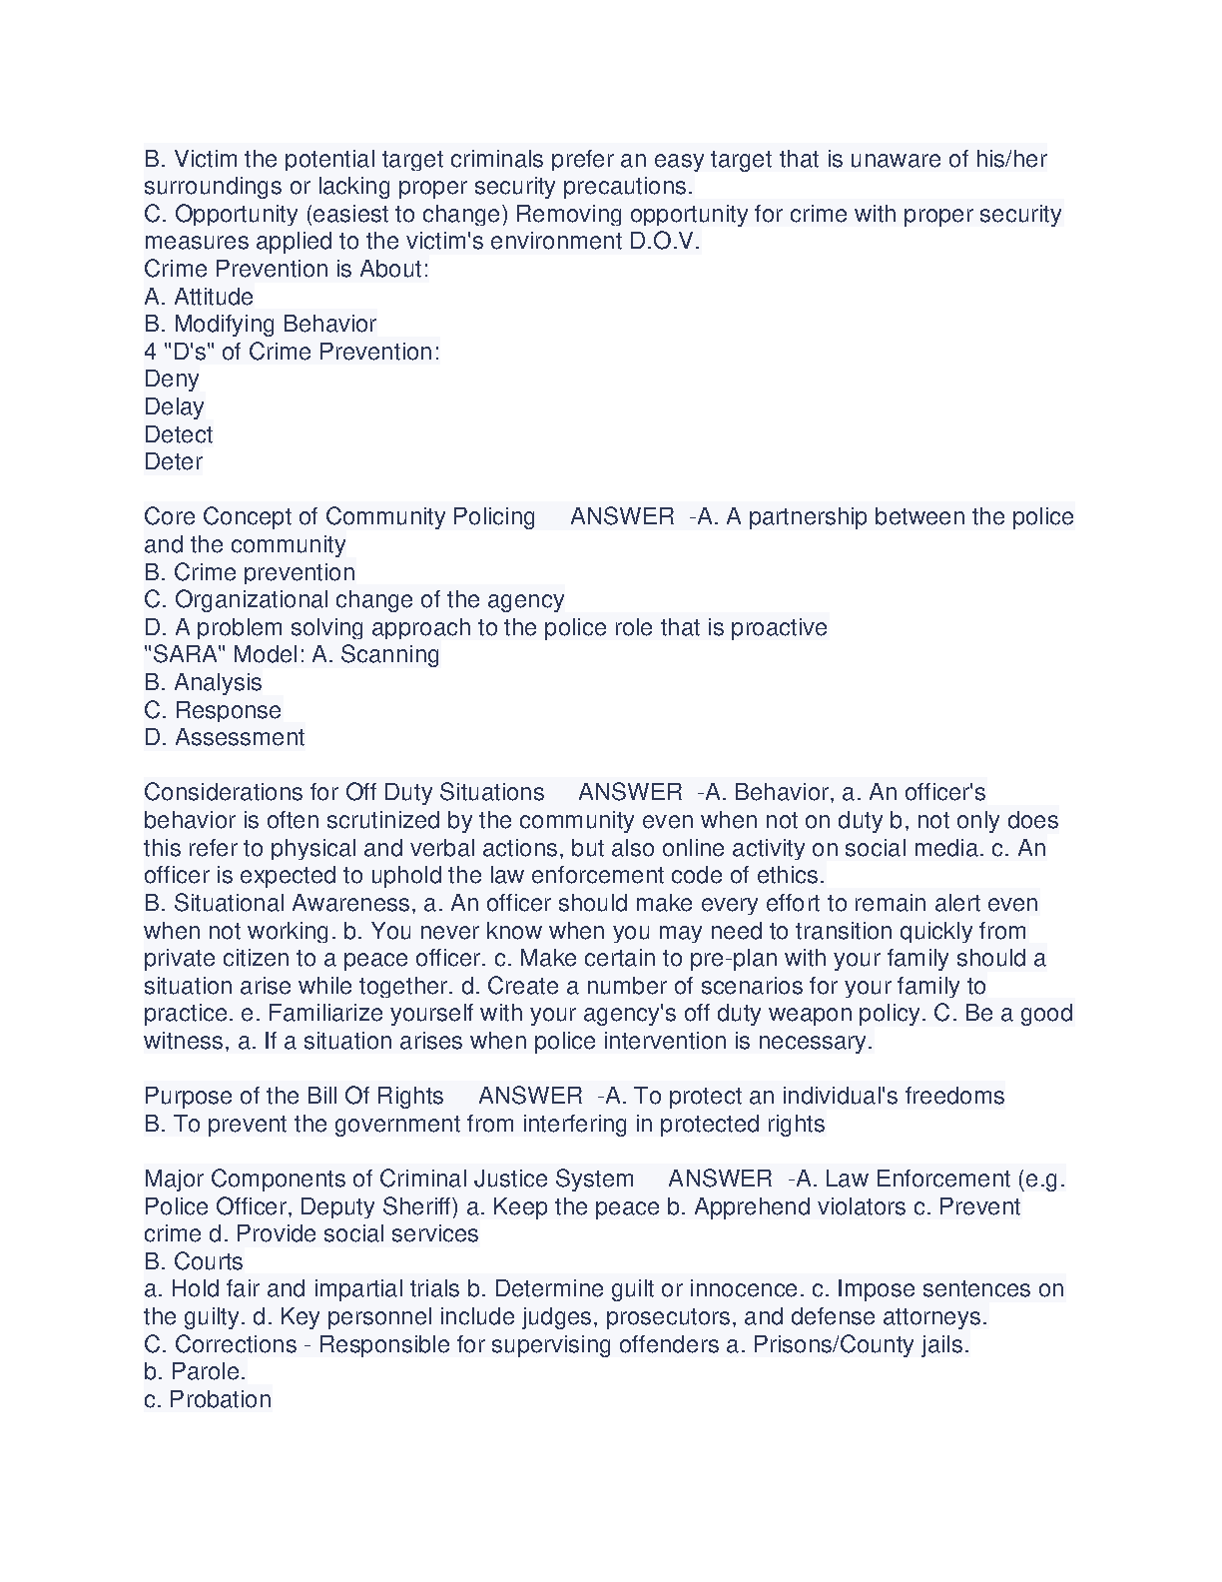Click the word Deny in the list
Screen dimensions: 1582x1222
click(172, 380)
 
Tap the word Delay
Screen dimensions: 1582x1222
click(174, 406)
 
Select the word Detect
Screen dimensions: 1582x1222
click(179, 434)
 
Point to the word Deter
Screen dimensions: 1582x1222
click(174, 461)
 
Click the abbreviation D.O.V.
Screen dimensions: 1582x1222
click(665, 241)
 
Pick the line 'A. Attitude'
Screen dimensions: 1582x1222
click(199, 297)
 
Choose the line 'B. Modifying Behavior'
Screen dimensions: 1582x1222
click(260, 324)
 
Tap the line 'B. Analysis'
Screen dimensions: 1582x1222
click(203, 682)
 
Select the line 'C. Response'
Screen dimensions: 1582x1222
click(213, 710)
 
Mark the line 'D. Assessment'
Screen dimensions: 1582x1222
click(225, 737)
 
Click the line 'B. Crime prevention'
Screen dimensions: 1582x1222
click(250, 572)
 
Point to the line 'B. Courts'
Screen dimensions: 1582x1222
click(194, 1261)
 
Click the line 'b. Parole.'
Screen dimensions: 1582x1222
click(195, 1371)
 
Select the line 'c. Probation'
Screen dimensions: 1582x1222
click(208, 1399)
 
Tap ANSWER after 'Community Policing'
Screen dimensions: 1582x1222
click(622, 516)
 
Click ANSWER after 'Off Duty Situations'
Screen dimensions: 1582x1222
click(630, 792)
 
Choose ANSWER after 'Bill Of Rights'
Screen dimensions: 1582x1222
click(530, 1096)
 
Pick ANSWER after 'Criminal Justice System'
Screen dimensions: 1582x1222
click(720, 1179)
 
